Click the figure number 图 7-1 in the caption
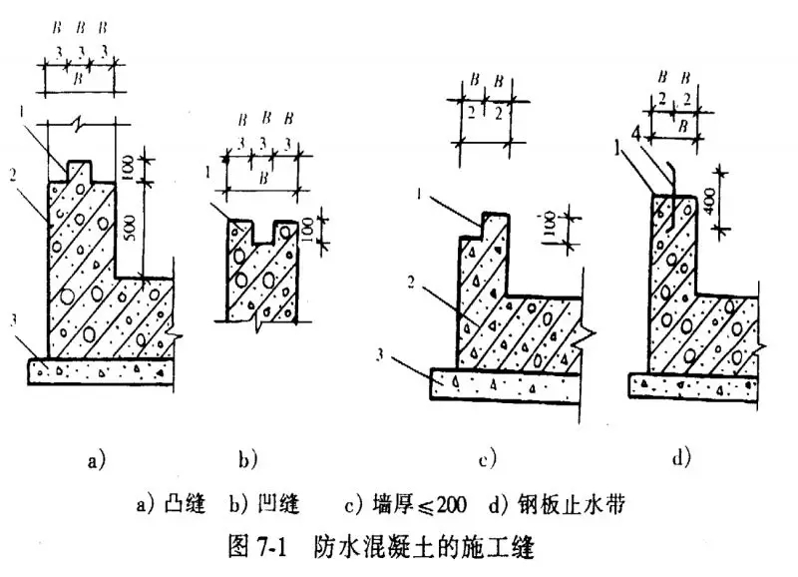click(258, 548)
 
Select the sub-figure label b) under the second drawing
click(247, 459)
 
